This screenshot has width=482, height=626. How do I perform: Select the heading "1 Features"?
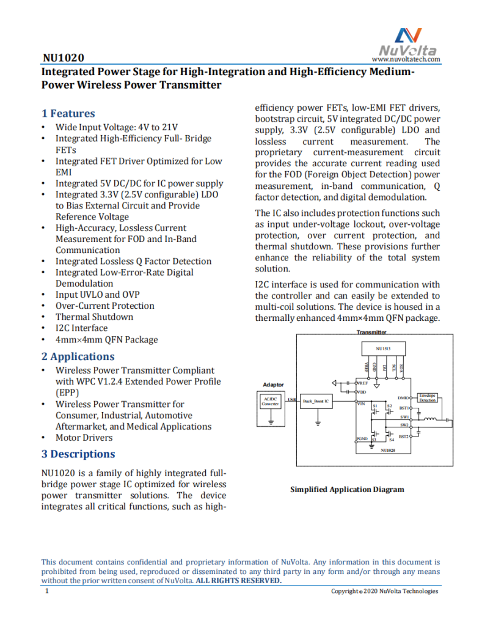tap(68, 113)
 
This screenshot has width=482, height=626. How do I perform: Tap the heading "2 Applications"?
tap(78, 356)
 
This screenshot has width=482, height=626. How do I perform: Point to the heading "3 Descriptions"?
tap(78, 454)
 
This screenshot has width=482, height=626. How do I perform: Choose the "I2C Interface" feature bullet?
tap(81, 328)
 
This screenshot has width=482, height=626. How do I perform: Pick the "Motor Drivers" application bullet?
tap(84, 438)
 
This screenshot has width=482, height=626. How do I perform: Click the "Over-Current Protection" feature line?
tap(104, 306)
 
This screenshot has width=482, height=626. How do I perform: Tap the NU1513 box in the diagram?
tap(382, 348)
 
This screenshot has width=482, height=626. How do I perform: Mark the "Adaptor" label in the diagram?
tap(273, 385)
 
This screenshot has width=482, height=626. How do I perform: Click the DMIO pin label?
tap(403, 397)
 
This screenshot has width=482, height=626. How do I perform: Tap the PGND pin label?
tap(362, 439)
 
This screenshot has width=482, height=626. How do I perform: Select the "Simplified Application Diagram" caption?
tap(347, 490)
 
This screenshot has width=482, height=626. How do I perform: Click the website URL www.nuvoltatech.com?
tap(406, 59)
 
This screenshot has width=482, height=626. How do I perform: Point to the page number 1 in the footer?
tap(47, 591)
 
